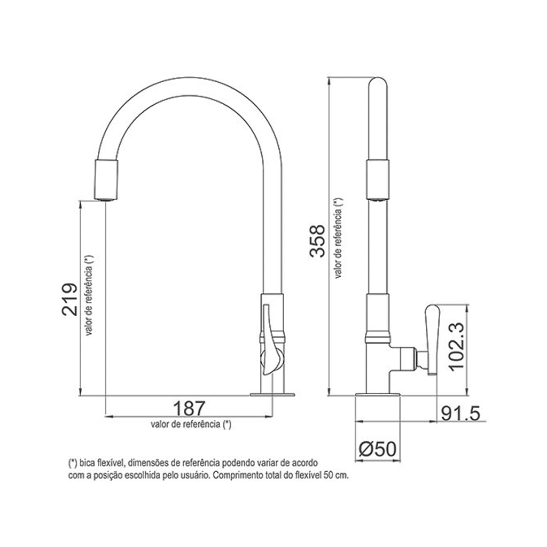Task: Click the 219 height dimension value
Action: (x=70, y=299)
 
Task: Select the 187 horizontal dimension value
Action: (x=189, y=409)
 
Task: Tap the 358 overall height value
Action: (x=317, y=241)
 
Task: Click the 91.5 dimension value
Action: (x=460, y=413)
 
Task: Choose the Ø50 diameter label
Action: (x=378, y=449)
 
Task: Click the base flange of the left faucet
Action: (x=272, y=395)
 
